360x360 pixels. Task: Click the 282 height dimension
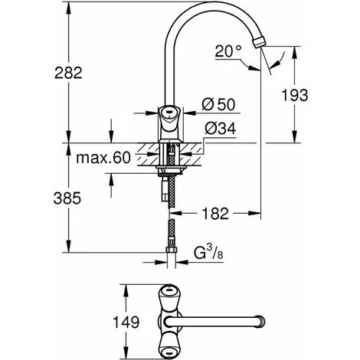point(68,73)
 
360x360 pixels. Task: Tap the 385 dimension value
point(67,198)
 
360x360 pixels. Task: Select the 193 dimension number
point(295,95)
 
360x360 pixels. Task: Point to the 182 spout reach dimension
point(215,213)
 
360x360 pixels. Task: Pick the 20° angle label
point(228,51)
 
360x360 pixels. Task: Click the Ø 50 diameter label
point(218,105)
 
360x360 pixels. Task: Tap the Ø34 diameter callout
point(221,129)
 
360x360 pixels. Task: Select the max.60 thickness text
point(103,158)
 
